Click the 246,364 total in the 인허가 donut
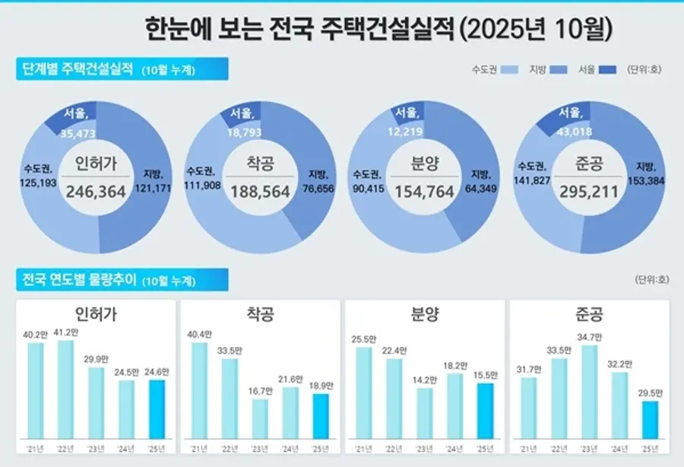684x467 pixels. click(x=96, y=191)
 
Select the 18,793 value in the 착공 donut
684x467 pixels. click(x=244, y=132)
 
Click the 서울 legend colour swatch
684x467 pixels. click(x=608, y=69)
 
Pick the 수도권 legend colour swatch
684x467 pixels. click(x=509, y=69)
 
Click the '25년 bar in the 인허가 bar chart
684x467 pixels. click(x=157, y=409)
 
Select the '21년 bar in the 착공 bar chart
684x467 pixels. click(x=199, y=391)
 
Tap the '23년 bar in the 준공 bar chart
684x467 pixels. click(x=589, y=392)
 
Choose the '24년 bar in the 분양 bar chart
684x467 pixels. click(x=455, y=406)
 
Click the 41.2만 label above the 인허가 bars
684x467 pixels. click(x=66, y=332)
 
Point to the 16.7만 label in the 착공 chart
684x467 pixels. click(x=260, y=391)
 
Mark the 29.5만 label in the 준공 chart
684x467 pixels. click(x=650, y=393)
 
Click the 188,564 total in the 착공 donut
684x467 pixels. click(x=261, y=191)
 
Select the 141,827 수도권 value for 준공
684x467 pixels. click(x=532, y=179)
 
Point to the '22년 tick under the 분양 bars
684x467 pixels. click(x=394, y=449)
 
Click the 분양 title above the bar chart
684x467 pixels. click(x=425, y=314)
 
